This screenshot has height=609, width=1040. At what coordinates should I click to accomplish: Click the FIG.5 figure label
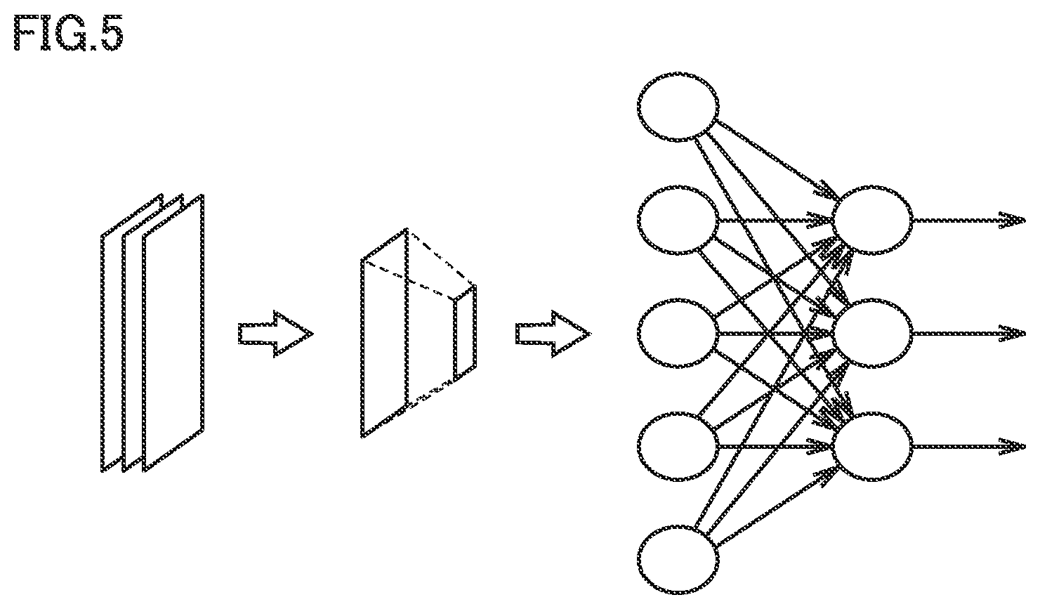pos(69,32)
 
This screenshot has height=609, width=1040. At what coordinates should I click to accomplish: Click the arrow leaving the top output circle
pos(970,220)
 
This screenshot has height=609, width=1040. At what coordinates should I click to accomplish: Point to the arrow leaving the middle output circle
pos(970,334)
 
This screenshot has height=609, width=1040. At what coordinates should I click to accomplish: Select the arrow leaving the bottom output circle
pos(970,447)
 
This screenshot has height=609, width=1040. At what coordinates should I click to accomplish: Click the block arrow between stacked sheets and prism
pos(276,334)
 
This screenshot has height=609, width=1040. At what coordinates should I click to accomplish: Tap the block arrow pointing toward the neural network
pos(553,334)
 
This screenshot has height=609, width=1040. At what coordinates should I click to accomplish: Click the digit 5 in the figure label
pos(112,32)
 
